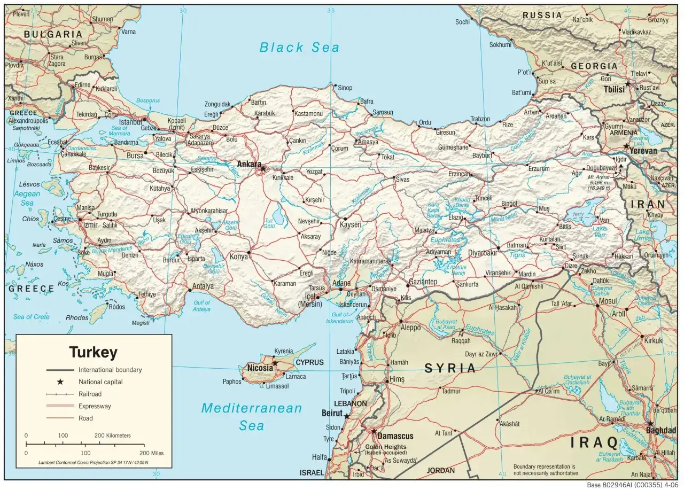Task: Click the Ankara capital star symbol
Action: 262,169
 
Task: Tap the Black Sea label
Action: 299,48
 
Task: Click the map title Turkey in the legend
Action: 93,353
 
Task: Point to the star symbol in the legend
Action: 60,382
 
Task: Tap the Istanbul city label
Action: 130,122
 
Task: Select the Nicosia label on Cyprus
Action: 260,368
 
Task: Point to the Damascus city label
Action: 395,436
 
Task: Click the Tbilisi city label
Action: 614,90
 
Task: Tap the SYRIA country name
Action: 450,368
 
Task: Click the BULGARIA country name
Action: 53,34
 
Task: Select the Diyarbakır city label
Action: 478,253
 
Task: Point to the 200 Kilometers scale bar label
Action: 112,435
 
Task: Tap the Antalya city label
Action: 203,286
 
